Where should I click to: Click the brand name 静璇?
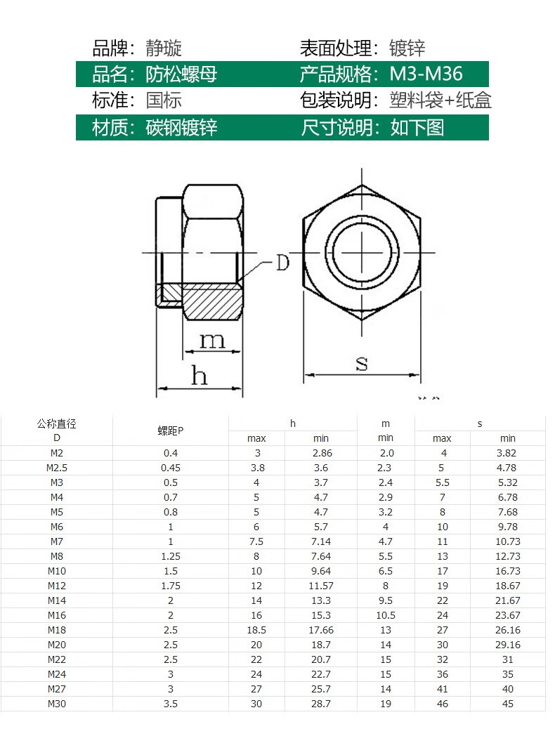coord(164,48)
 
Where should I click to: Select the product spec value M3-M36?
coord(426,74)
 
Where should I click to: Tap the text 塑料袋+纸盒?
coord(440,100)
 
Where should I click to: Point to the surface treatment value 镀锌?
coord(407,48)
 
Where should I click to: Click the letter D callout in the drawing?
coord(282,263)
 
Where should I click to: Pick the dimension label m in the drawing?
coord(212,341)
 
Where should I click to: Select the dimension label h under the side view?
coord(200,376)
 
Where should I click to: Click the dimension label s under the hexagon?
coord(362,363)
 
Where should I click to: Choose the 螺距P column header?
coord(170,431)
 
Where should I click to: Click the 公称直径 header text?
coord(56,423)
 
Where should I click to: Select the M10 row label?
coord(57,571)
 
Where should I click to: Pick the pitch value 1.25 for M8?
coord(170,556)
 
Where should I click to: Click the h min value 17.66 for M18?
coord(321,630)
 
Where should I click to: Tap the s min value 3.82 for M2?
coord(507,453)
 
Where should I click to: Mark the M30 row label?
coord(57,704)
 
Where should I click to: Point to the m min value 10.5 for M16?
coord(386,615)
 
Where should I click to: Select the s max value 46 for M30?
coord(442,704)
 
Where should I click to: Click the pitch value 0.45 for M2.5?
coord(170,468)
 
